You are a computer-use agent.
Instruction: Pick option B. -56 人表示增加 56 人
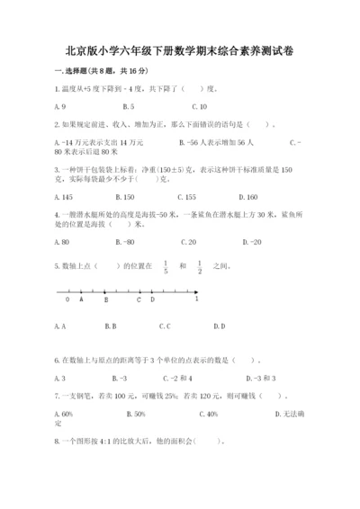click(217, 143)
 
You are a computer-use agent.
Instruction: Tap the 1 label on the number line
click(196, 299)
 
